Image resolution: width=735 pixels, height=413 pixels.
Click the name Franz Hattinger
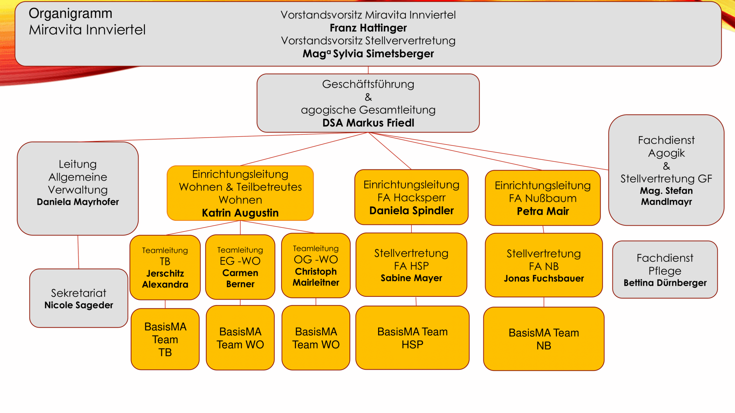tap(368, 28)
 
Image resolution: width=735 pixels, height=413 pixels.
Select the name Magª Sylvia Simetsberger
tap(368, 54)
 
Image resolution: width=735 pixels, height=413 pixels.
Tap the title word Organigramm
tap(70, 13)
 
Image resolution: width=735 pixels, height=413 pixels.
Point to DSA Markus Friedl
tap(368, 123)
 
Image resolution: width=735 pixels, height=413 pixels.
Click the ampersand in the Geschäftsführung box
tap(368, 97)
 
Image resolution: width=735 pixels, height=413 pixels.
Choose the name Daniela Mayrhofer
tap(78, 202)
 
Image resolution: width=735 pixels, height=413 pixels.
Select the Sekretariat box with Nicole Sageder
tap(79, 298)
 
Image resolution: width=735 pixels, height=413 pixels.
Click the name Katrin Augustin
tap(240, 213)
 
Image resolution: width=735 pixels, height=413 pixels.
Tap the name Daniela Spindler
tap(411, 211)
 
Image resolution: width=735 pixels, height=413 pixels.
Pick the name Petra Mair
tap(543, 211)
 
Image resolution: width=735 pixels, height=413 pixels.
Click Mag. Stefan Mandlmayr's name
tap(666, 196)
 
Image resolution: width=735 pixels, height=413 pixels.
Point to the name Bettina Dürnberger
tap(665, 283)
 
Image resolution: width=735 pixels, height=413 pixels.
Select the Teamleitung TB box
tap(165, 267)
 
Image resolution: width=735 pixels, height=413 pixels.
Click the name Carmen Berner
tap(240, 278)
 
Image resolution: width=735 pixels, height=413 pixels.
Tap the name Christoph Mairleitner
tap(316, 277)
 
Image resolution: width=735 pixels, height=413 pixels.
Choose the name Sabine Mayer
tap(411, 278)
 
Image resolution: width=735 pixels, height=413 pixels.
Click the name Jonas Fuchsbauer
tap(544, 278)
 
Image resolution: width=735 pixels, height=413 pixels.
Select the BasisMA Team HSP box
tap(412, 338)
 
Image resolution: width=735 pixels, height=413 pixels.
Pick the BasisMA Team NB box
tap(544, 339)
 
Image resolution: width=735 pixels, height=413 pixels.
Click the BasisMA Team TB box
tap(165, 339)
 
